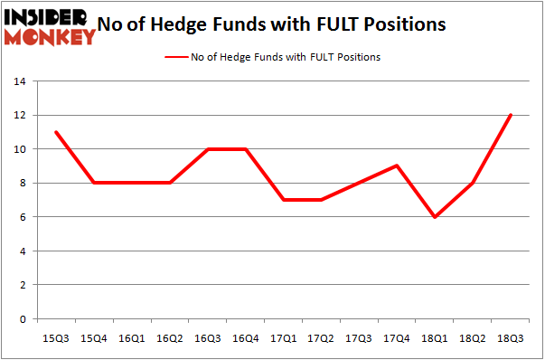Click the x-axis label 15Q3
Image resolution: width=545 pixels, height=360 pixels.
click(x=56, y=337)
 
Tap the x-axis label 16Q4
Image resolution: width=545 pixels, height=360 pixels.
click(x=244, y=337)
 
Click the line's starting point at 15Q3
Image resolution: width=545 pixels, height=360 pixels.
click(x=56, y=132)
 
